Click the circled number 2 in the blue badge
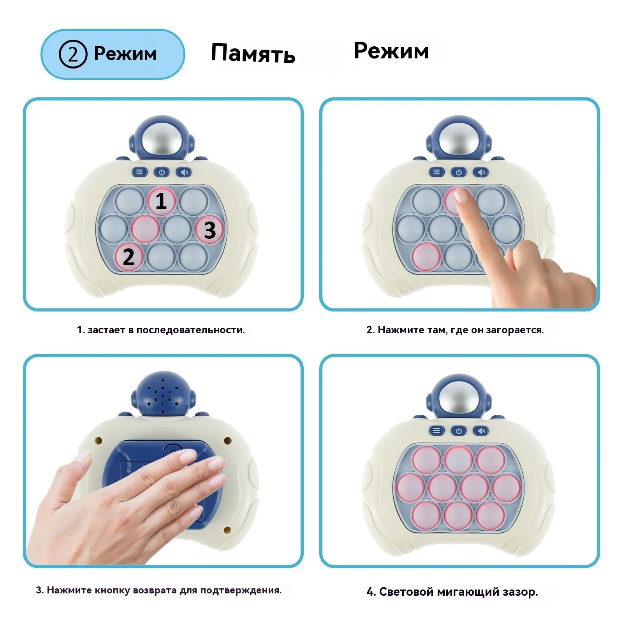tap(72, 54)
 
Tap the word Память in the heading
tap(253, 53)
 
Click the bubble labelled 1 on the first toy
tap(161, 201)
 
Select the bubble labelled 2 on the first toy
tap(129, 257)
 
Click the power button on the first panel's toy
tap(162, 172)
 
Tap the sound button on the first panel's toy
tap(184, 172)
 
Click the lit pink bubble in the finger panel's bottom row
tap(426, 257)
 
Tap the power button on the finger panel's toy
tap(459, 172)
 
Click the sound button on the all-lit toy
tap(481, 431)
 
